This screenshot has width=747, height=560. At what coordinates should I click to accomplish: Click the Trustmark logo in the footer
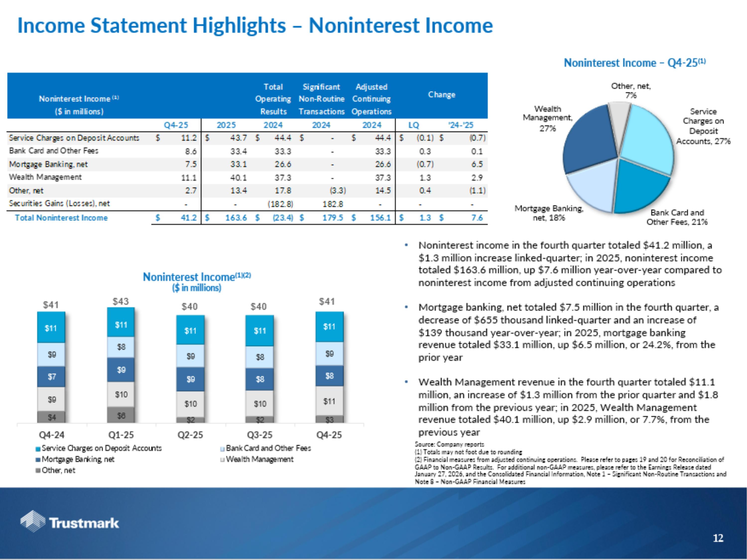coord(69,522)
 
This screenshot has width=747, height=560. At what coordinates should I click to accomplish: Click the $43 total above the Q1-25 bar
coord(121,301)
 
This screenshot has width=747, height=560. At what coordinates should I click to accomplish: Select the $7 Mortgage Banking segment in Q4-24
coord(51,376)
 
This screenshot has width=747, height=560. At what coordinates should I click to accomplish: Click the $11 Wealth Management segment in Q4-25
coord(329,401)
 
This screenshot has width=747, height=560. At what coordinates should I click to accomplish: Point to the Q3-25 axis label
coord(259,435)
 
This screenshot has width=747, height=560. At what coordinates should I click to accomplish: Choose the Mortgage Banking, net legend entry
coord(78,459)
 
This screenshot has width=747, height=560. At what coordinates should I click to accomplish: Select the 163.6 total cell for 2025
coord(236,218)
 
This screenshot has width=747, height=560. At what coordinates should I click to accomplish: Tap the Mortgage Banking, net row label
coord(48,164)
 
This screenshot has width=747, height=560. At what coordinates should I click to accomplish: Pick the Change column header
coord(441,95)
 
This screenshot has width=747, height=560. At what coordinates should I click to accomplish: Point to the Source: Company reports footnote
coord(449,444)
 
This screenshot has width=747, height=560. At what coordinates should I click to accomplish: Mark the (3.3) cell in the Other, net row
coord(338,191)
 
